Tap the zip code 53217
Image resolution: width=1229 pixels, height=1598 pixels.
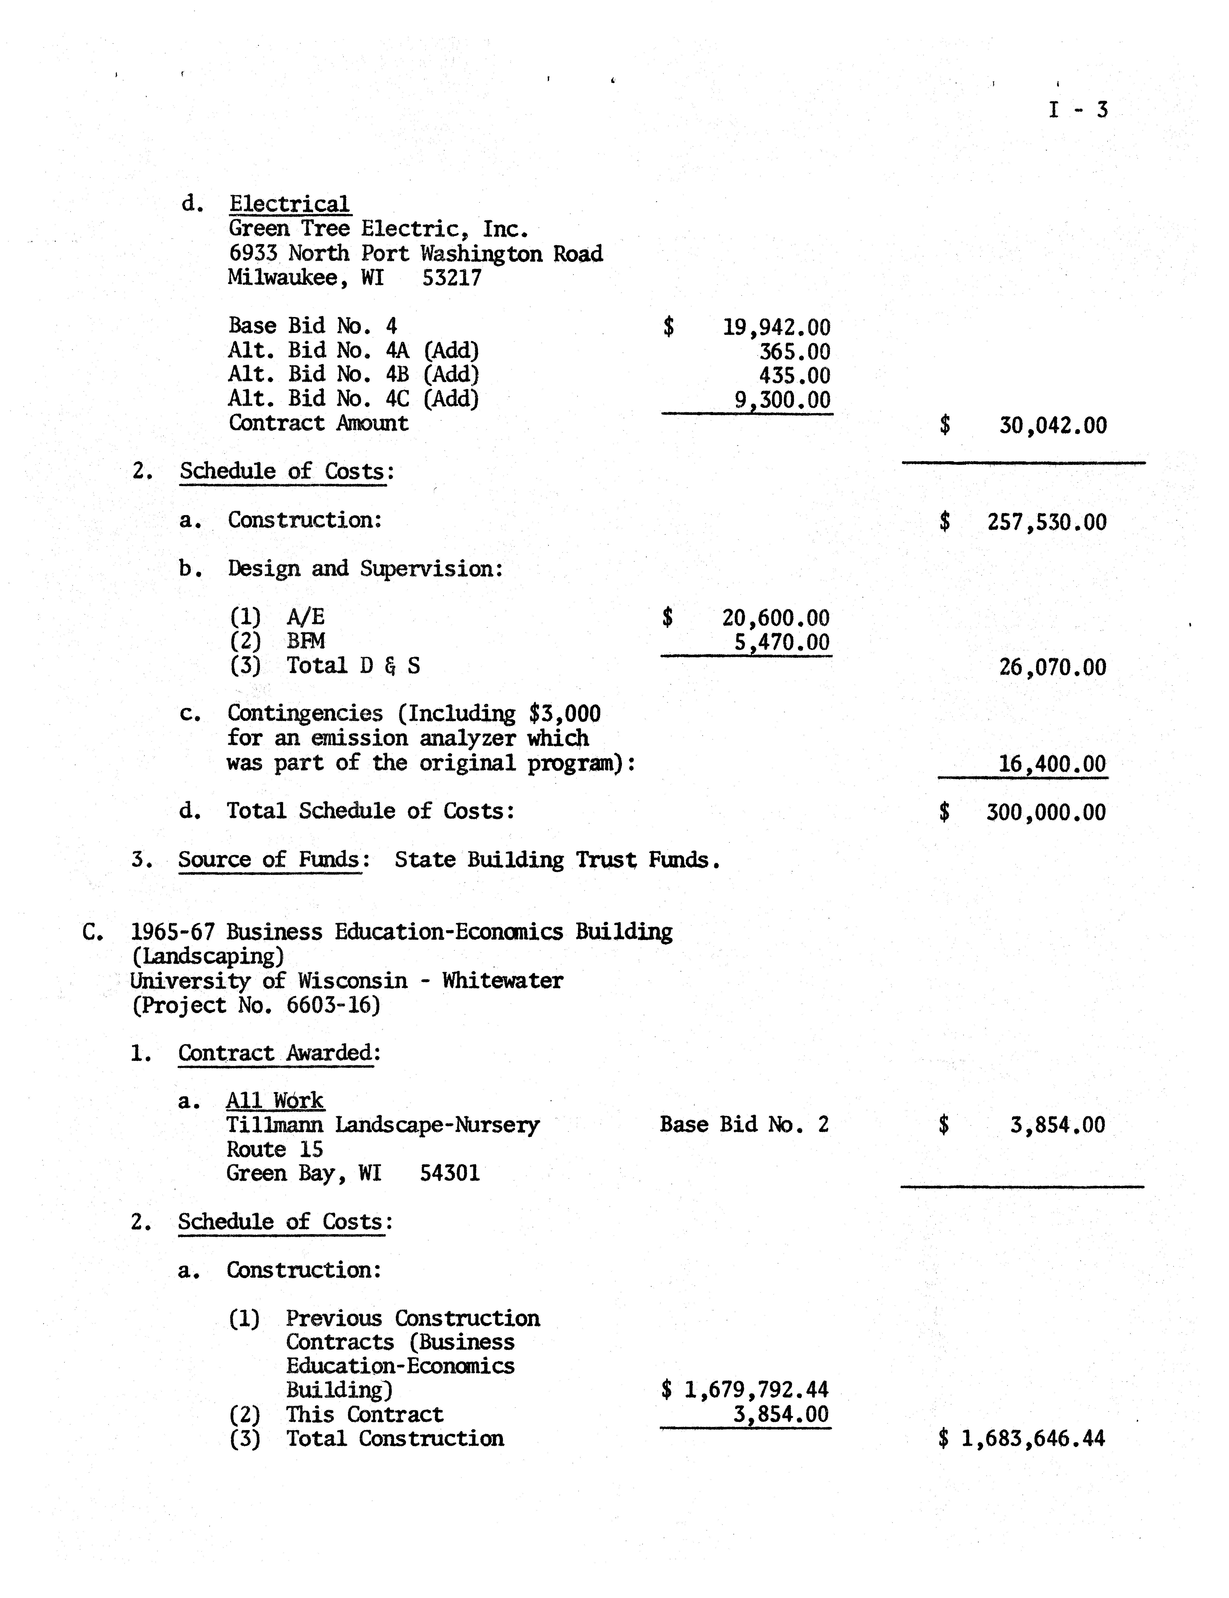(452, 278)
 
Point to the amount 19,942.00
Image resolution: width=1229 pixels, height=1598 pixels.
(776, 327)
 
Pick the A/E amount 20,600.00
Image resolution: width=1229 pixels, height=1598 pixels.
(775, 618)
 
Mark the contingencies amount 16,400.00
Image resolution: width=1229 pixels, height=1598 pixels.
(1052, 764)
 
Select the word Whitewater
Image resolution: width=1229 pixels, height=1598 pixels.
(502, 980)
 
